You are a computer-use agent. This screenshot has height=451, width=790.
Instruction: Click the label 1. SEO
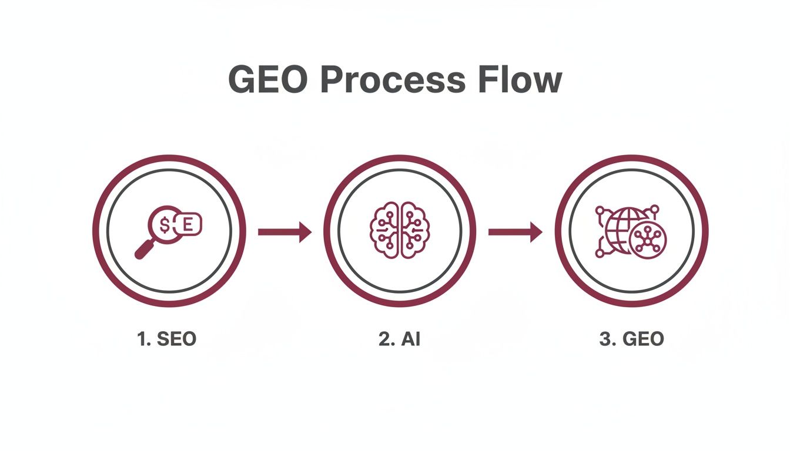(167, 339)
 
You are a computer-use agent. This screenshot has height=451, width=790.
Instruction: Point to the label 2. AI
(400, 339)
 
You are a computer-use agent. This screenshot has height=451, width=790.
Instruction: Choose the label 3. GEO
(631, 339)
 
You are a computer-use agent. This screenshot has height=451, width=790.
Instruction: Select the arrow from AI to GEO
(515, 232)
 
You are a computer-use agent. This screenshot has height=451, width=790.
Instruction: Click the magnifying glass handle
(143, 250)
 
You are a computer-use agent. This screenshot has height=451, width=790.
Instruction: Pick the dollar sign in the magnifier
(166, 224)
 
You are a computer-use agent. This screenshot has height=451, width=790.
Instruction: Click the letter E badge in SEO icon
(188, 224)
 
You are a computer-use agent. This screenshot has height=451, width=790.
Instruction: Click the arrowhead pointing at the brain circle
(304, 232)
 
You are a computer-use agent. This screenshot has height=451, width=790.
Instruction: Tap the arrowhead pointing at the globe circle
(535, 232)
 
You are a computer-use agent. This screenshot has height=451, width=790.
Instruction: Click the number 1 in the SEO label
(142, 339)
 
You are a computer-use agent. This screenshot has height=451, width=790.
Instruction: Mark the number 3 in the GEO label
(604, 339)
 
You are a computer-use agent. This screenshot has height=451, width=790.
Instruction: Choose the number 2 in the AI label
(384, 339)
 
